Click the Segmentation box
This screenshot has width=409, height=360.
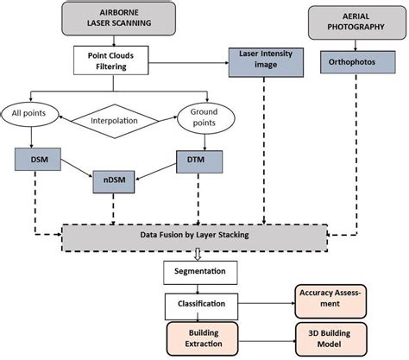click(x=200, y=273)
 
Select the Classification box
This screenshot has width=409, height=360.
click(x=200, y=304)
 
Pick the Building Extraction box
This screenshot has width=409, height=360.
click(x=200, y=338)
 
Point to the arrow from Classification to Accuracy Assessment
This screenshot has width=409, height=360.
click(x=262, y=304)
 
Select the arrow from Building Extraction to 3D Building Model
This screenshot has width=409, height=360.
click(x=262, y=338)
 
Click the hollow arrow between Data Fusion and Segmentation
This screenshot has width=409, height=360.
click(x=199, y=254)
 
